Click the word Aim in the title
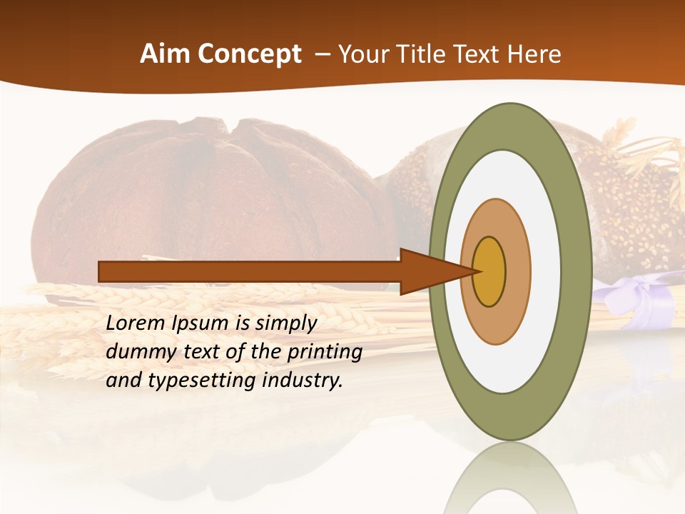(x=164, y=54)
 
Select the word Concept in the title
(x=249, y=54)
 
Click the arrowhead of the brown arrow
(x=428, y=271)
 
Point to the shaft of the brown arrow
(x=250, y=271)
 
